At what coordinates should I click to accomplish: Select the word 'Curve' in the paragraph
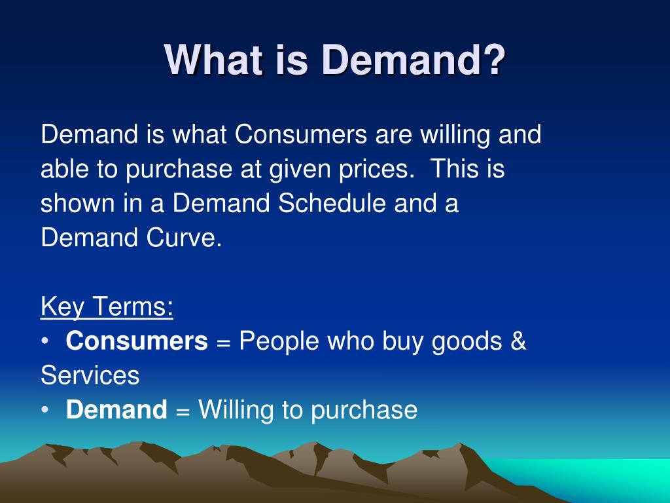click(184, 237)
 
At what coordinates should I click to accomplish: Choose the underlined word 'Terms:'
click(132, 307)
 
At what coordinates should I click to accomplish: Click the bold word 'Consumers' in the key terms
click(137, 341)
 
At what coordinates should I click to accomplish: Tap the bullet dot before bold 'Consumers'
click(45, 341)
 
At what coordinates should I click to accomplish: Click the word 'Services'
click(90, 375)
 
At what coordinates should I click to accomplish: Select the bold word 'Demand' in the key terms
click(116, 409)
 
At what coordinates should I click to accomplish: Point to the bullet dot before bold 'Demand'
click(45, 410)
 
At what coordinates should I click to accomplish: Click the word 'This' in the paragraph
click(454, 168)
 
